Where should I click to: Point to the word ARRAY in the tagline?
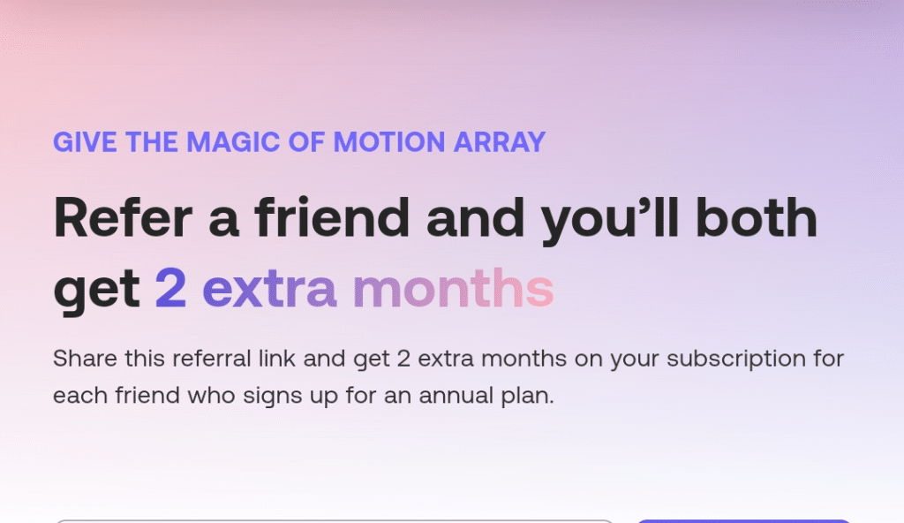coord(505,142)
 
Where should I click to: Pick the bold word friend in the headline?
coord(332,217)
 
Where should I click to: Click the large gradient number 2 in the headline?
coord(171,289)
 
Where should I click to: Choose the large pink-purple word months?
coord(453,289)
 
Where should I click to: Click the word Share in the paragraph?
coord(79,360)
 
